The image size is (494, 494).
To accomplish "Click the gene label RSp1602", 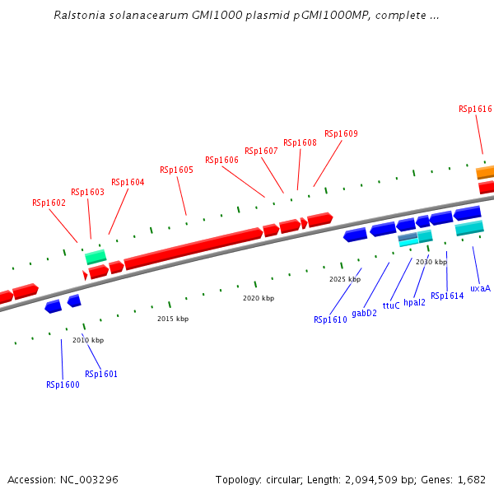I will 49,203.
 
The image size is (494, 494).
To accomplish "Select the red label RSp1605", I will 176,170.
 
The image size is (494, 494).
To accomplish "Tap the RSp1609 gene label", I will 341,133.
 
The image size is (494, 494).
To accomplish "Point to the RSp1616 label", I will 475,109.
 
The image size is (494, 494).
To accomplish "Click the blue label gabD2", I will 364,313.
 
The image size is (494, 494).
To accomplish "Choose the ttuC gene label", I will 391,305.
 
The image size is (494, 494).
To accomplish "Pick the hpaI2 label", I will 414,302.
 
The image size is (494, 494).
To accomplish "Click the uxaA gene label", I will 480,289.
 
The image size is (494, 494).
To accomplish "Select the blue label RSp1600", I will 63,384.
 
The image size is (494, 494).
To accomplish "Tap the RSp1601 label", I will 100,375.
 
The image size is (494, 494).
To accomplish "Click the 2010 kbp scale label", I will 88,340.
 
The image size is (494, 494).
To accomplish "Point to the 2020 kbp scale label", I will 259,298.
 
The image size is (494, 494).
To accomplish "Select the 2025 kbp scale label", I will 345,279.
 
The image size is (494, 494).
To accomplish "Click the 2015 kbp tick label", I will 173,319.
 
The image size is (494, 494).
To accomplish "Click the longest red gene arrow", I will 193,248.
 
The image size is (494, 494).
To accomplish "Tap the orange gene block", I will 485,173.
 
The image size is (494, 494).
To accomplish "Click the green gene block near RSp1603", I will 96,257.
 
